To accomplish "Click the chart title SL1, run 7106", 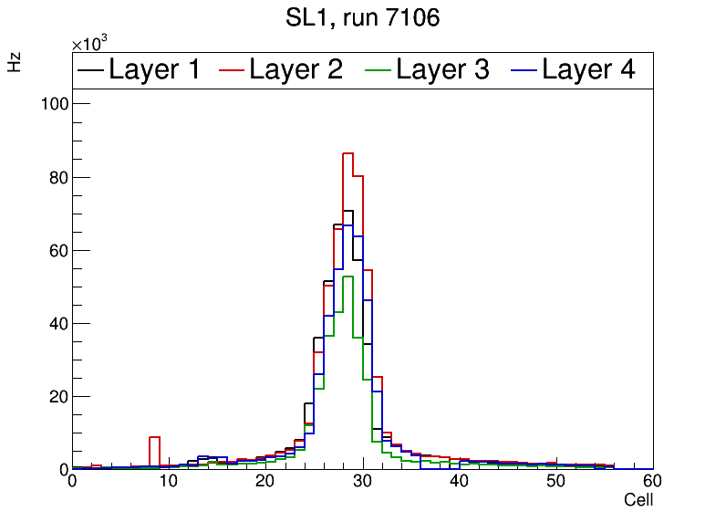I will [362, 17].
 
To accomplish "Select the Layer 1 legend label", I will [154, 69].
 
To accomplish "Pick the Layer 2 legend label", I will [296, 69].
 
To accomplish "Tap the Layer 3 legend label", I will [443, 69].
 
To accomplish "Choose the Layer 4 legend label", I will [588, 69].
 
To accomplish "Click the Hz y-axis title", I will [15, 62].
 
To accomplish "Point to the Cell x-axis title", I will [638, 500].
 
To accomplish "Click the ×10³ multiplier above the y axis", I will [91, 44].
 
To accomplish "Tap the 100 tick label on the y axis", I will [54, 104].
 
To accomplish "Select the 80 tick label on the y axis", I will [57, 177].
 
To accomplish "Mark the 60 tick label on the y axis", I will [57, 250].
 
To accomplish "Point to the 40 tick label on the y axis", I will [57, 323].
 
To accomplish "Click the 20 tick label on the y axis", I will [57, 396].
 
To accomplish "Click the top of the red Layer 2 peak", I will [347, 153].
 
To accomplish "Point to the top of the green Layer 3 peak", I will [347, 276].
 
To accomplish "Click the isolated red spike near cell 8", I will [154, 437].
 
